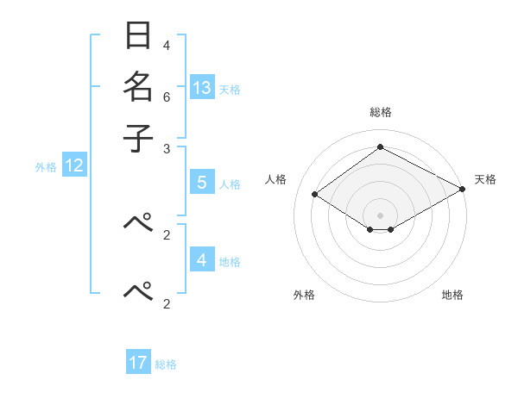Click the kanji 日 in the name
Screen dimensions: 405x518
coord(139,37)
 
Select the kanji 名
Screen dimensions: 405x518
coord(139,87)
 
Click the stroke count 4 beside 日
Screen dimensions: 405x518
coord(167,45)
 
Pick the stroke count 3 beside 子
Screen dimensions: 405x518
coord(167,148)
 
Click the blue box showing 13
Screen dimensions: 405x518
coord(202,87)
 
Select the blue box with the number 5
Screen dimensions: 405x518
coord(202,183)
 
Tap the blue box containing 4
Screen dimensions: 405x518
coord(202,259)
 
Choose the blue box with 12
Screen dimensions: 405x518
coord(74,165)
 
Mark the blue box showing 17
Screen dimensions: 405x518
coord(138,363)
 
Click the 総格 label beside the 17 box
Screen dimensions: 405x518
coord(166,364)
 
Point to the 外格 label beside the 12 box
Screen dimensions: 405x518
coord(46,167)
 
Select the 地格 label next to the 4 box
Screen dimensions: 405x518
coord(230,262)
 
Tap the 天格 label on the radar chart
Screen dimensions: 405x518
coord(485,179)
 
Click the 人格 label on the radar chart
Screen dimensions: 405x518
coord(276,179)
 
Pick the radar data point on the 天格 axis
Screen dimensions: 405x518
coord(462,189)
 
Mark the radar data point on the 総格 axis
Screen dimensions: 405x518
coord(380,146)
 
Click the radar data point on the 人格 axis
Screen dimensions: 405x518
coord(315,195)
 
